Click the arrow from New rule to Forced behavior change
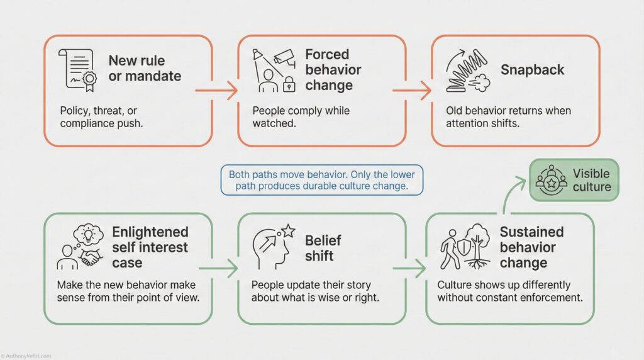(x=216, y=91)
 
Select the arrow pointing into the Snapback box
(x=411, y=91)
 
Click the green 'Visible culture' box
(x=574, y=180)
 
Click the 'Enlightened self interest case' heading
(x=150, y=247)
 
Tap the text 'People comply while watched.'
(x=301, y=116)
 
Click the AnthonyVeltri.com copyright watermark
(x=26, y=356)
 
